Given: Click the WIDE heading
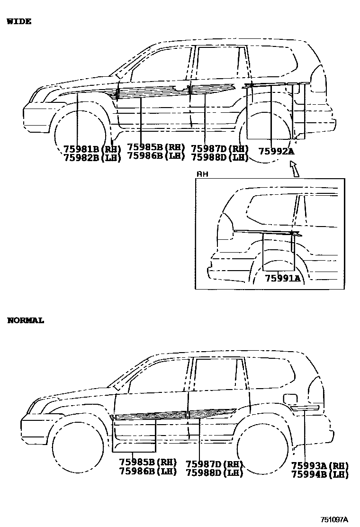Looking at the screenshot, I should (x=19, y=21).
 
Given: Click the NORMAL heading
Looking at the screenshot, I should (x=26, y=320).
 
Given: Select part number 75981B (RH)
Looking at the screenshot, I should (x=92, y=149).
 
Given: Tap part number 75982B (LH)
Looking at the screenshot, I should (x=92, y=158).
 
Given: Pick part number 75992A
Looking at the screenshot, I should (x=276, y=152).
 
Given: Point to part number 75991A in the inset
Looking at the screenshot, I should (x=282, y=278).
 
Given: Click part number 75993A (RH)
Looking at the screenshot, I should (x=320, y=465).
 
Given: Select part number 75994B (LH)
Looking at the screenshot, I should (x=320, y=474).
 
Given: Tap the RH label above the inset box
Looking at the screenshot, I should (x=202, y=174).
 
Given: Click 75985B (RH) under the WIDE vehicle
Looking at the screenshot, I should (x=156, y=147).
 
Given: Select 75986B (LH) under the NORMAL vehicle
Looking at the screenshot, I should (x=148, y=471).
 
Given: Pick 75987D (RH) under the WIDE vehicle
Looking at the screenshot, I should (x=220, y=148).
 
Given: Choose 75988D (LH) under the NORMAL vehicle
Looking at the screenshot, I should (x=214, y=472).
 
